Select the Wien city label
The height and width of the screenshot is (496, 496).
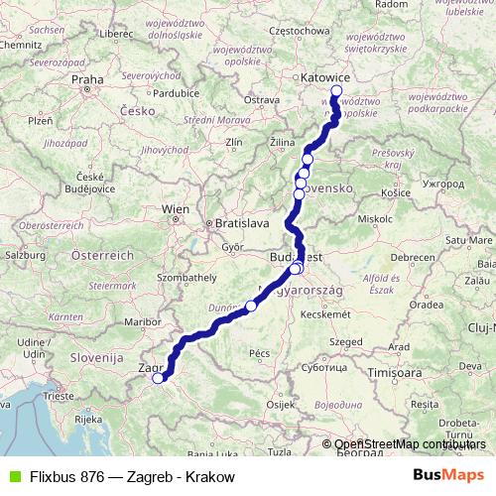coord(176,208)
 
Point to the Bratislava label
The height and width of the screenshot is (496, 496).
coord(244,223)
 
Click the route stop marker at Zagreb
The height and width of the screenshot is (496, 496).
coord(157,376)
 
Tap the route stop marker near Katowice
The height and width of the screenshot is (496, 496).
coord(335,91)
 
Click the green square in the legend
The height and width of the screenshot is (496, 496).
coord(13,476)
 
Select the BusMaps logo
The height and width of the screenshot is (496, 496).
coord(447,476)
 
